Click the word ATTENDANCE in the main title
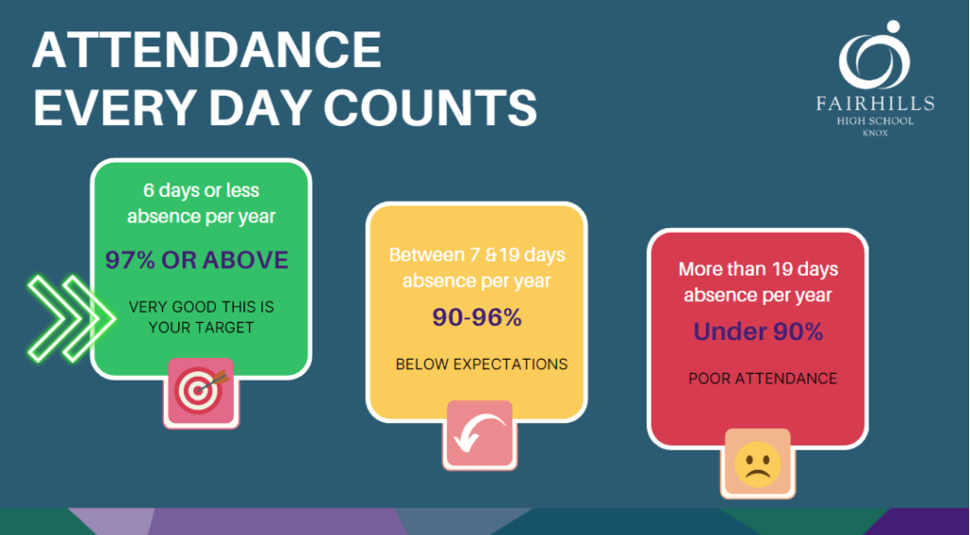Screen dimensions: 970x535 click(x=206, y=50)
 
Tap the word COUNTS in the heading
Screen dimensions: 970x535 click(x=430, y=108)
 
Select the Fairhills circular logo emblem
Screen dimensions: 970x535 click(x=874, y=56)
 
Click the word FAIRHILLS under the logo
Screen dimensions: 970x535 click(x=874, y=103)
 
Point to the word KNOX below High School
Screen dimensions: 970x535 click(x=874, y=133)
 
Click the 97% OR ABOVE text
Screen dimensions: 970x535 click(x=197, y=259)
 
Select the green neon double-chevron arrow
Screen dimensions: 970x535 click(x=71, y=318)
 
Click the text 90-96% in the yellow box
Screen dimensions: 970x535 click(x=477, y=317)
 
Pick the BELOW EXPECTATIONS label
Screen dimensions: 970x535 click(x=481, y=365)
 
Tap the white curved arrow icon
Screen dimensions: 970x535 click(x=479, y=433)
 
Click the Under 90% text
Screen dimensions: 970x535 click(x=758, y=332)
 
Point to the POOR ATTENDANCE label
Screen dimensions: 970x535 click(x=763, y=379)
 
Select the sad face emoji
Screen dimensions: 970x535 click(x=758, y=464)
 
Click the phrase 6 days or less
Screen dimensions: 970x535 click(x=201, y=190)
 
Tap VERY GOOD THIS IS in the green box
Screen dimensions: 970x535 click(x=201, y=308)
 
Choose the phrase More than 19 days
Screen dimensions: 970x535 click(x=758, y=270)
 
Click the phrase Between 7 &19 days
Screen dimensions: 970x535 click(x=477, y=255)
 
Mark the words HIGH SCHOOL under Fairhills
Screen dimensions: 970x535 click(x=874, y=121)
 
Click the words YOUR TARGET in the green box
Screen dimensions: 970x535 click(x=201, y=328)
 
